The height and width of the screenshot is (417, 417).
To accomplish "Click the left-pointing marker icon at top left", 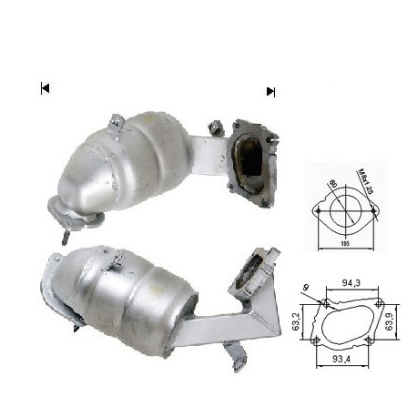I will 44,88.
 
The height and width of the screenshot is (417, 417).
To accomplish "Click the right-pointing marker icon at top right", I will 270,91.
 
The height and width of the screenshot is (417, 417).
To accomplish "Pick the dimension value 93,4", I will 342,360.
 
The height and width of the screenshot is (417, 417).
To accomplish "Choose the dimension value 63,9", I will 389,320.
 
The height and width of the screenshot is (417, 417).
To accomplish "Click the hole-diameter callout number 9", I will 307,289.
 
